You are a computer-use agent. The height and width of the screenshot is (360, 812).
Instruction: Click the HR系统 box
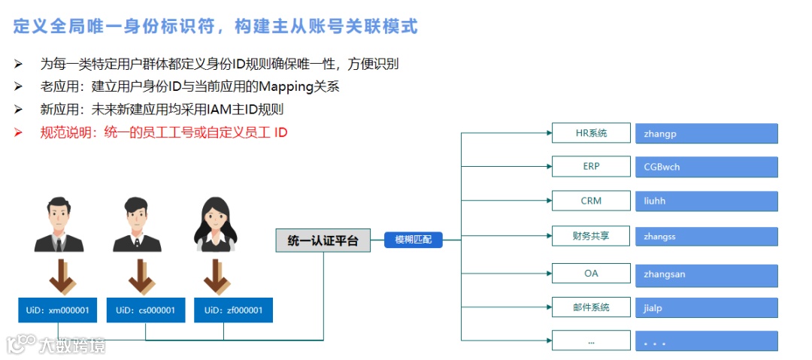coord(591,134)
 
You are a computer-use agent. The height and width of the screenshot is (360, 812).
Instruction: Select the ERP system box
coord(591,166)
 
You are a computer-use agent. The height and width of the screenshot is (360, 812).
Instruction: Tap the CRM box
coord(591,201)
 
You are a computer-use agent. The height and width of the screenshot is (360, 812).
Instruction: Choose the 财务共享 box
coord(591,236)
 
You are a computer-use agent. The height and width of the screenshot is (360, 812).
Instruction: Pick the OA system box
coord(591,274)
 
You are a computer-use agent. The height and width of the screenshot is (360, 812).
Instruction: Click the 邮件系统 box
coord(591,307)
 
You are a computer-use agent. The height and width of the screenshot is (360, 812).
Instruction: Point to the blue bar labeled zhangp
coord(706,134)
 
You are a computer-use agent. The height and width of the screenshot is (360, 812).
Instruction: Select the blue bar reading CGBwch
coord(706,167)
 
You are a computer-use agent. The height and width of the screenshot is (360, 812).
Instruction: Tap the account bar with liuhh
coord(706,201)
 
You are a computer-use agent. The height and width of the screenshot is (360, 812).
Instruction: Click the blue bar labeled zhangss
coord(706,237)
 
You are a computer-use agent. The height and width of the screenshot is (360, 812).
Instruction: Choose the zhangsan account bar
coord(706,274)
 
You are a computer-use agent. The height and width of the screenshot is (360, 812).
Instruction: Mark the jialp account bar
coord(706,308)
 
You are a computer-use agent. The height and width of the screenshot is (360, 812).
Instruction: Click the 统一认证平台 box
coord(323,241)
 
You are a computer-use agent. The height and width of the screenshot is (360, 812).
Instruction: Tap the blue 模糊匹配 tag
coord(414,240)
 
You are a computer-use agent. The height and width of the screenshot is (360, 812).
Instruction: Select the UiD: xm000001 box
coord(59,310)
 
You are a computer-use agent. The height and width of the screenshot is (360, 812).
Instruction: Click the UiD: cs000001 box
coord(146,310)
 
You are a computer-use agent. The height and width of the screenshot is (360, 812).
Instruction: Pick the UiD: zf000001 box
coord(233,310)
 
